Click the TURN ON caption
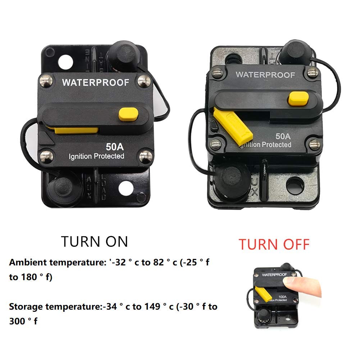pyautogui.click(x=94, y=241)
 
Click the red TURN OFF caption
pyautogui.click(x=274, y=245)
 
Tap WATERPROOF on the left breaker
pyautogui.click(x=95, y=82)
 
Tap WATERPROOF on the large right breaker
pyautogui.click(x=265, y=75)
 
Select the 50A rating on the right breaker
pyautogui.click(x=283, y=136)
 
